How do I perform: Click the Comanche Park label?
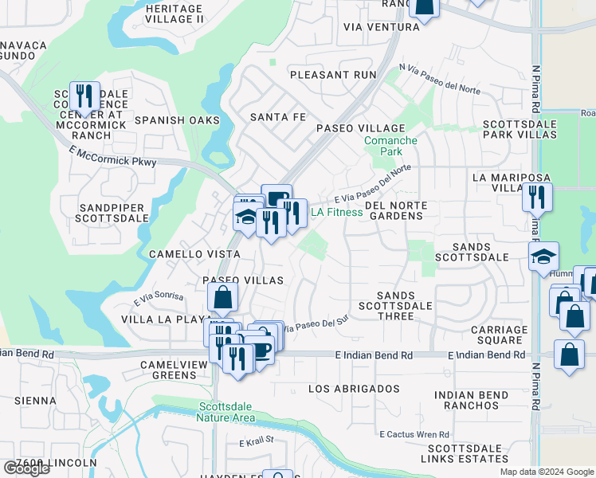(x=390, y=146)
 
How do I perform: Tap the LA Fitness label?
(x=336, y=212)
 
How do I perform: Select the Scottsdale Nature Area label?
(x=227, y=412)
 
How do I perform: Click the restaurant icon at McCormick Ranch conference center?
(x=84, y=96)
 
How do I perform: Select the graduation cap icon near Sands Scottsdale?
(x=544, y=257)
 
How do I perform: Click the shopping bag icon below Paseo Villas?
(x=223, y=298)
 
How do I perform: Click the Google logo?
(x=25, y=468)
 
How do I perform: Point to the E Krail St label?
(x=257, y=440)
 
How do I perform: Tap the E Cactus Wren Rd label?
(x=414, y=434)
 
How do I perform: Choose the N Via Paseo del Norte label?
(x=440, y=79)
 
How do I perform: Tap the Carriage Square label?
(x=499, y=335)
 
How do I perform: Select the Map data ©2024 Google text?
(x=546, y=472)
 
